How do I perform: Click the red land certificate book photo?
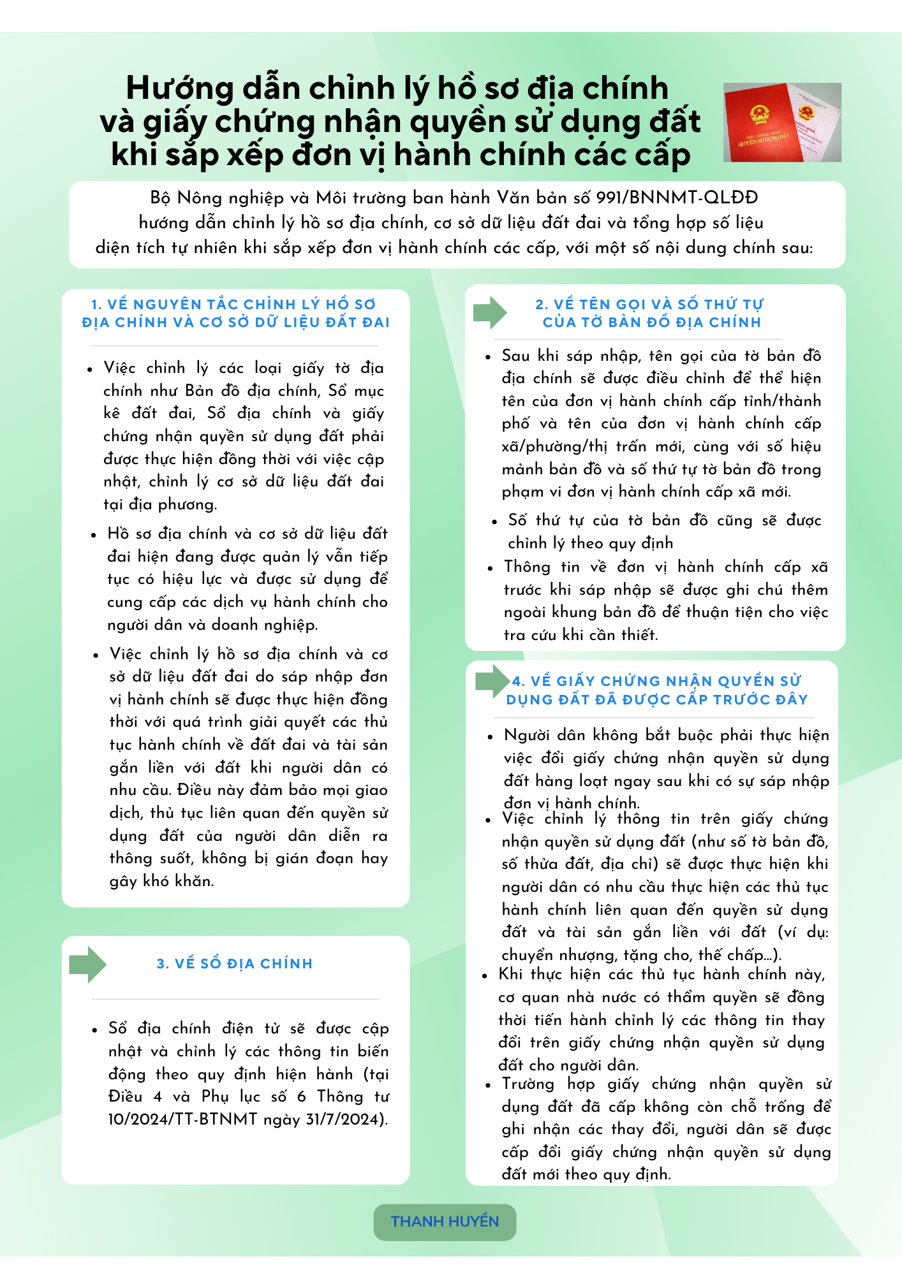coord(781,122)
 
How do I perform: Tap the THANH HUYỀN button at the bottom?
coord(445,1221)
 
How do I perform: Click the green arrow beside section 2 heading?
coord(489,312)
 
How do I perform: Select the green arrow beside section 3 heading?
coord(87,964)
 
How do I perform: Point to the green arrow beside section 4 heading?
coord(492,681)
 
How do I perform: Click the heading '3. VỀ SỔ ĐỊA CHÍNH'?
coord(235,964)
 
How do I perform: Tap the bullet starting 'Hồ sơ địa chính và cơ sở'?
coord(247,579)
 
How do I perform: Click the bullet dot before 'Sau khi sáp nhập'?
coord(488,358)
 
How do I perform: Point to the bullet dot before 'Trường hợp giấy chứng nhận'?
coord(488,1086)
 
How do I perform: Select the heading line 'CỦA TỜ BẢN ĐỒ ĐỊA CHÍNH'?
coord(652,323)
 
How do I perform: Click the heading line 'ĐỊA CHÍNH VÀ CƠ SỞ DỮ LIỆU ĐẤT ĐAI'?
coord(235,323)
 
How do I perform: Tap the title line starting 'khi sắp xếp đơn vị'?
coord(401,155)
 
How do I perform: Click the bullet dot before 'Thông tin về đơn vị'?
coord(491,569)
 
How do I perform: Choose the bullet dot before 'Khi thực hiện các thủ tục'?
coord(485,976)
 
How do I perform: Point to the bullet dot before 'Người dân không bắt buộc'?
coord(491,737)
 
